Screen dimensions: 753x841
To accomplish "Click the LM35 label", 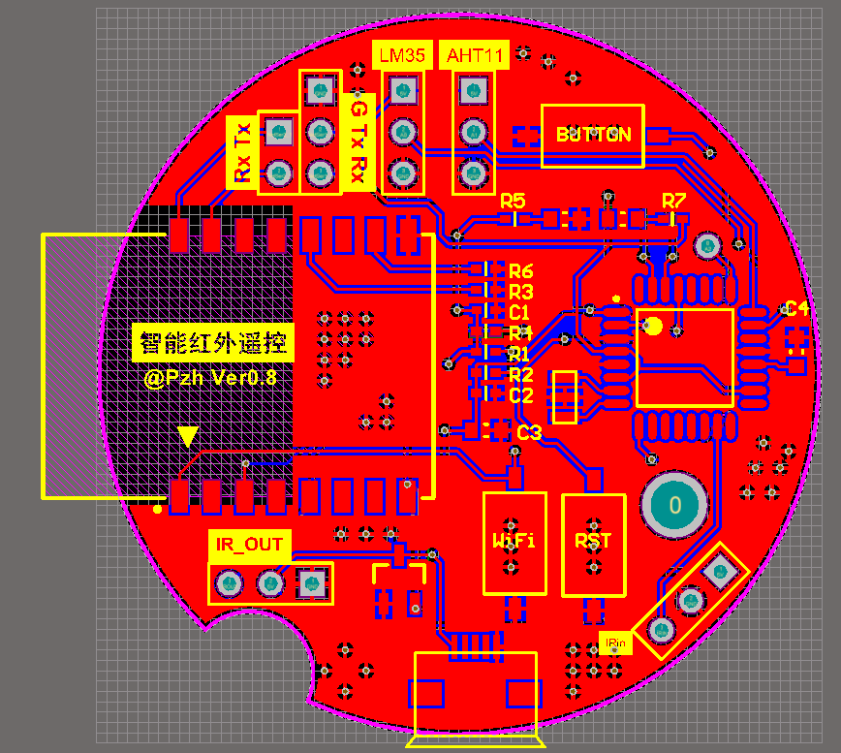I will tap(401, 55).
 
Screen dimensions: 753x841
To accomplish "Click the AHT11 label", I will tap(475, 55).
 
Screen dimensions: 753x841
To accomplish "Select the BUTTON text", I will tap(593, 135).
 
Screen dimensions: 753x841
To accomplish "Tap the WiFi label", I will tap(514, 540).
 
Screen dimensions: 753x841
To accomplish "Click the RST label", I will tap(593, 540).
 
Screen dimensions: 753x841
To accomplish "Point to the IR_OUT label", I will tap(249, 544).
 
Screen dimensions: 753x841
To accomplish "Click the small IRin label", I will tap(615, 643).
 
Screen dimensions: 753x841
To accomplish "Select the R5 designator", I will tap(513, 201).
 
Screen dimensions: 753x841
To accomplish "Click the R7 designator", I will tap(673, 201).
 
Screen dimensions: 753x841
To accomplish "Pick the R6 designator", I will tap(521, 271).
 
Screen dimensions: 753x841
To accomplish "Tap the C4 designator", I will tap(797, 309).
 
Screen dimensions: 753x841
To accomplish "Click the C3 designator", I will tap(529, 433).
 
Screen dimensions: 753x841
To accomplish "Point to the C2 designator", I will tap(521, 395).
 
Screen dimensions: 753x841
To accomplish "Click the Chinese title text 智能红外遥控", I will tap(212, 342).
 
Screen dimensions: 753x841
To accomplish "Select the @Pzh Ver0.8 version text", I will tap(210, 378).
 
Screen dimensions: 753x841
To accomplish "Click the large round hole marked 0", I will tap(675, 504).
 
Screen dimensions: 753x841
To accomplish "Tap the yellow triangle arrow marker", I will tap(188, 436).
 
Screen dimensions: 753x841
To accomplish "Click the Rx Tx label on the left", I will tap(242, 151).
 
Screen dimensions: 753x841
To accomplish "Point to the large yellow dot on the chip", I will tap(655, 326).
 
